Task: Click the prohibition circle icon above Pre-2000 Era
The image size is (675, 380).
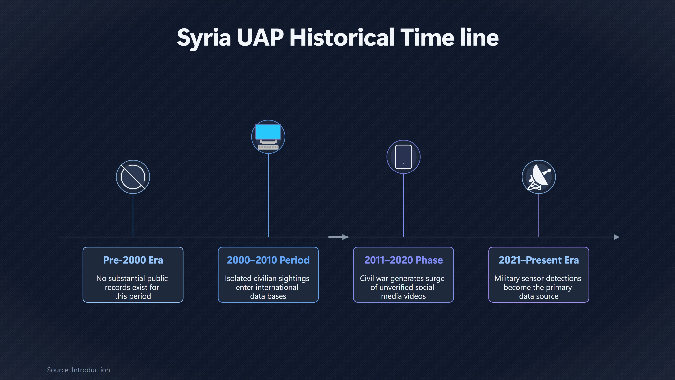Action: point(133,177)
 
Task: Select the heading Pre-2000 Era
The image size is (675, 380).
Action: point(133,260)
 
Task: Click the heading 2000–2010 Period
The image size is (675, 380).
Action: point(268,260)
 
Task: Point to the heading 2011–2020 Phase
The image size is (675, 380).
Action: point(404,260)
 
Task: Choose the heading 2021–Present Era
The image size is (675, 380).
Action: point(539,260)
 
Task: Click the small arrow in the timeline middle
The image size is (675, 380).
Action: point(338,237)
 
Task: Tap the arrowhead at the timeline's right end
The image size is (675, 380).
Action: point(617,237)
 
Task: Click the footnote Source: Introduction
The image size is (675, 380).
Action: point(78,370)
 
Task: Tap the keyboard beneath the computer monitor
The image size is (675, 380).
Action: point(268,147)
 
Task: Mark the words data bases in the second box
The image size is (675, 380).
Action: point(268,296)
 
